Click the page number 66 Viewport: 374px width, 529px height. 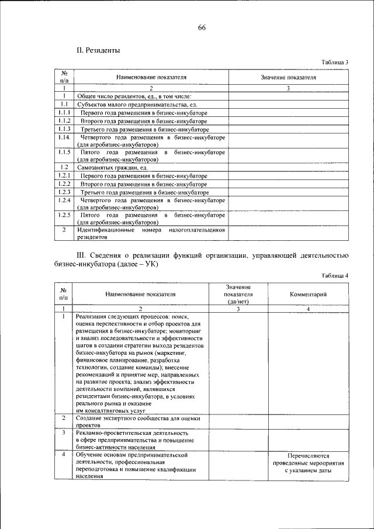tap(202, 27)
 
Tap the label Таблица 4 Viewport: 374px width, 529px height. tap(334, 275)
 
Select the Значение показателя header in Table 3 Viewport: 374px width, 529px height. tap(288, 77)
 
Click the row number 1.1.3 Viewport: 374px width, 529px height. tap(64, 129)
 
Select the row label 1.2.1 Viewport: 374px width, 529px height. tap(64, 175)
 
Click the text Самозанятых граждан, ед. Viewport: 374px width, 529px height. tap(112, 167)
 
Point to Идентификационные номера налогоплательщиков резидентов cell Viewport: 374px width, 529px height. tap(151, 234)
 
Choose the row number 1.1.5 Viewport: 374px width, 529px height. tap(64, 153)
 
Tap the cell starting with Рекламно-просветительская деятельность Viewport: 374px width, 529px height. tap(138, 440)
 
